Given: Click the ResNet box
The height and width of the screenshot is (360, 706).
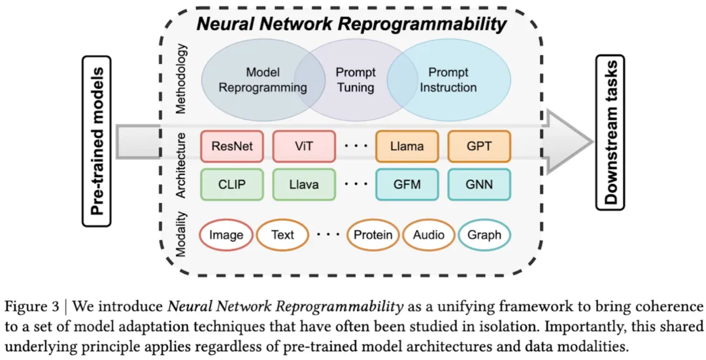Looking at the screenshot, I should click(232, 146).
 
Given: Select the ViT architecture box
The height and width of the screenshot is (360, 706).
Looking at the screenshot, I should click(303, 146).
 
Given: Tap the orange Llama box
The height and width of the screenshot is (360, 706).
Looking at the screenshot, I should click(407, 146).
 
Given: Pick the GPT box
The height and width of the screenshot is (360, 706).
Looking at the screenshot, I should click(479, 146).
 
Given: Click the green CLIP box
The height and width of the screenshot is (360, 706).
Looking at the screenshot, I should click(232, 184).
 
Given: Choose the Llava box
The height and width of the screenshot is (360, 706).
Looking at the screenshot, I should click(303, 184).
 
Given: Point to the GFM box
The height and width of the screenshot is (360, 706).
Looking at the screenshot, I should click(407, 184).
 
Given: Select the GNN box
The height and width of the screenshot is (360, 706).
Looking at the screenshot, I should click(479, 184).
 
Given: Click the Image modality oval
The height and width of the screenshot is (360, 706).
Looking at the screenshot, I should click(226, 235).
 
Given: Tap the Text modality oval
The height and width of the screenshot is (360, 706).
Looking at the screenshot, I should click(282, 235).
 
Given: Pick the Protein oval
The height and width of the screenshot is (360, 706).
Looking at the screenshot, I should click(373, 235).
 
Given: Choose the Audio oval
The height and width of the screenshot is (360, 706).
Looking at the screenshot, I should click(429, 235).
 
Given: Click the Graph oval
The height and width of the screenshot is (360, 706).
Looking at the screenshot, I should click(484, 235).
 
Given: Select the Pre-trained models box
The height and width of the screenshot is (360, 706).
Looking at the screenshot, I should click(97, 141).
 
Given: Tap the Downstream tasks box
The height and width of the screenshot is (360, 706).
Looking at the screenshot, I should click(611, 133).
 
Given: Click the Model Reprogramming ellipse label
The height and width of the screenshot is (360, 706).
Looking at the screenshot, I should click(263, 80).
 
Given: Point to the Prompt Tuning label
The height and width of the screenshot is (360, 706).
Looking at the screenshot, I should click(356, 80).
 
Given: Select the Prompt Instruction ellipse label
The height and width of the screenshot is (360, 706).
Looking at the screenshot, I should click(448, 80).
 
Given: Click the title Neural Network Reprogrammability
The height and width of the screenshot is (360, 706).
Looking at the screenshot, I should click(352, 24).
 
